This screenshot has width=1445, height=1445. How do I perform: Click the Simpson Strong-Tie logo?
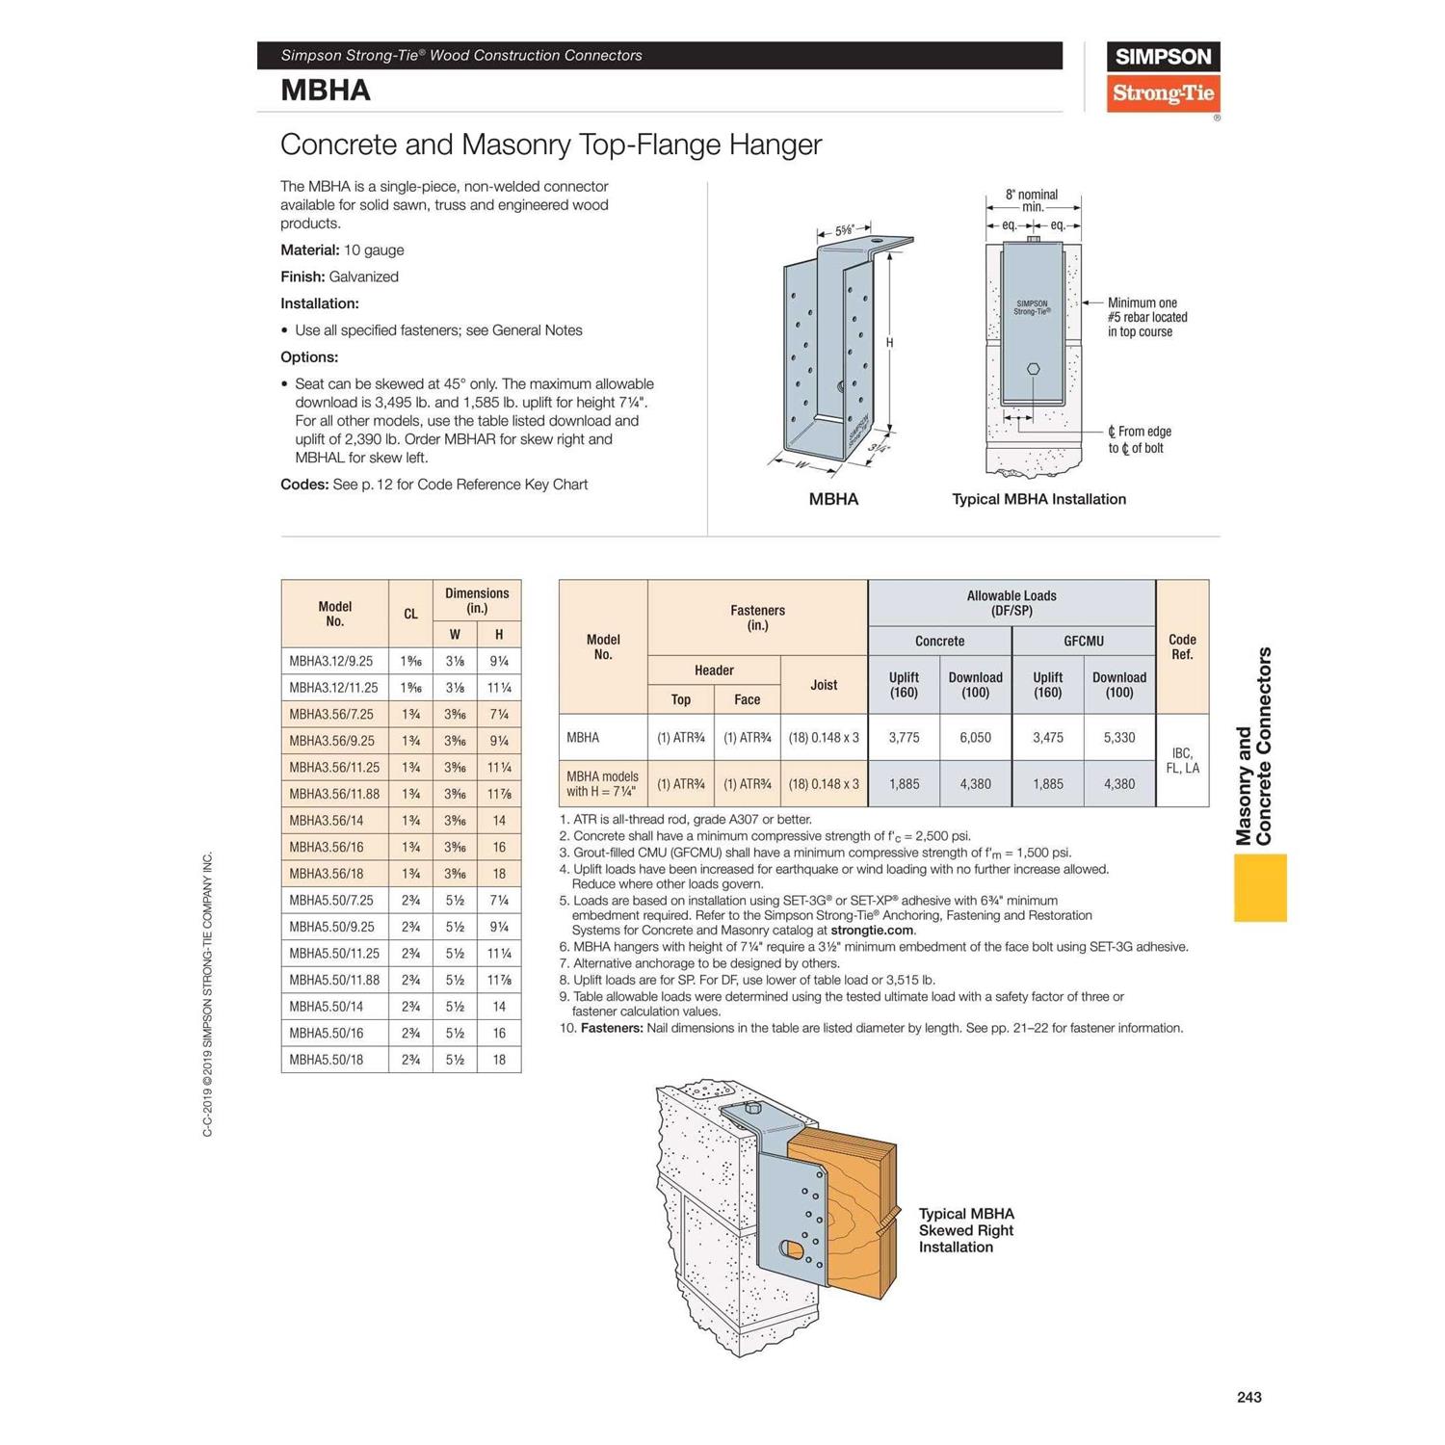[x=1163, y=76]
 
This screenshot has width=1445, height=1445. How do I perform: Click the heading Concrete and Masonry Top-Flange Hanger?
[x=550, y=144]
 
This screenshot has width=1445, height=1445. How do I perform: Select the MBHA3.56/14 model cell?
[x=334, y=821]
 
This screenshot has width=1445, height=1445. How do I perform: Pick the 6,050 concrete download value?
[x=975, y=738]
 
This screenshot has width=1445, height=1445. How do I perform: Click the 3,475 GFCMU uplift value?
[x=1047, y=738]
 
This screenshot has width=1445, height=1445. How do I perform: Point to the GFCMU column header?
[x=1083, y=641]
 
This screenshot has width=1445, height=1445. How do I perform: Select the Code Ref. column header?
[x=1182, y=646]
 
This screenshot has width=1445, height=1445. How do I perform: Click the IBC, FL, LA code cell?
[x=1182, y=760]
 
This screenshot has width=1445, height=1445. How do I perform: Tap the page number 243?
[x=1248, y=1397]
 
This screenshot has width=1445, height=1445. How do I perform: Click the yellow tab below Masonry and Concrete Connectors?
[x=1260, y=887]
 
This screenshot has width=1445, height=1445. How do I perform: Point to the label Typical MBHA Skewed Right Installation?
[x=966, y=1230]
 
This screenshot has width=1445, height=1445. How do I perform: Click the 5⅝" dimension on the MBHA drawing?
[x=844, y=230]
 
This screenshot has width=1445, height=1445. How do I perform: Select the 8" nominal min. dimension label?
[x=1032, y=200]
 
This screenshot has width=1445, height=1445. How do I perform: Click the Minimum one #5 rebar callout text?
[x=1146, y=317]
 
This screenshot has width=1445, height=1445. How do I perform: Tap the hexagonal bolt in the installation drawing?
[x=1033, y=369]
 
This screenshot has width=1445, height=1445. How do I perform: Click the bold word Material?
[x=309, y=250]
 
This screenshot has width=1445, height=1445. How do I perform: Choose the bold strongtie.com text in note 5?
[x=872, y=931]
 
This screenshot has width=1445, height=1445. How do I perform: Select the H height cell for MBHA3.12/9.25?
[x=499, y=661]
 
